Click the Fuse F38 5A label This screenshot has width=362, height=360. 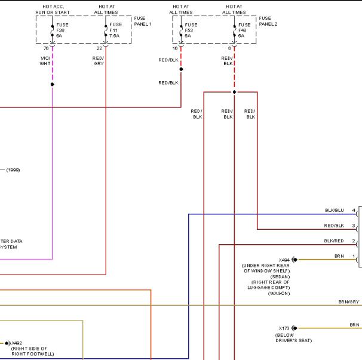[62, 30]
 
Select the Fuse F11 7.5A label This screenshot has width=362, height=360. [115, 30]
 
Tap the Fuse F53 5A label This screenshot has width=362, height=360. [191, 30]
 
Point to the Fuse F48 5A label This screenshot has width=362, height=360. [244, 30]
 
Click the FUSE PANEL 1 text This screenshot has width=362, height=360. [143, 21]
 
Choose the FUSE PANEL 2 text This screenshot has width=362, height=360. [268, 21]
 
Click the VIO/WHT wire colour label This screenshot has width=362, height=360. [45, 61]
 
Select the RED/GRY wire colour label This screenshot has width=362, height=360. [98, 61]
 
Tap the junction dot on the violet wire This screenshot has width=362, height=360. [53, 84]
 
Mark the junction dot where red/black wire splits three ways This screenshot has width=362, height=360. [234, 92]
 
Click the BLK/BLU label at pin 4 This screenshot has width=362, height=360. [335, 211]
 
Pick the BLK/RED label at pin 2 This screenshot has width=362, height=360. [334, 241]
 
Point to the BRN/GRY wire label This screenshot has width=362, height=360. [349, 302]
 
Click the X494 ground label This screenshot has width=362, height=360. [284, 260]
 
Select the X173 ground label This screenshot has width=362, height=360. [284, 328]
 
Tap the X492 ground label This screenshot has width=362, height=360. [17, 343]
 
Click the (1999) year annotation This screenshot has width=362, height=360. [13, 170]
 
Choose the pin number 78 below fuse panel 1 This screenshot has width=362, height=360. [46, 48]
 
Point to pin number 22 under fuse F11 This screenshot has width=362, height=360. [99, 48]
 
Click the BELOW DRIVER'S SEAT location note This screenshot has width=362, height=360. [293, 338]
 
